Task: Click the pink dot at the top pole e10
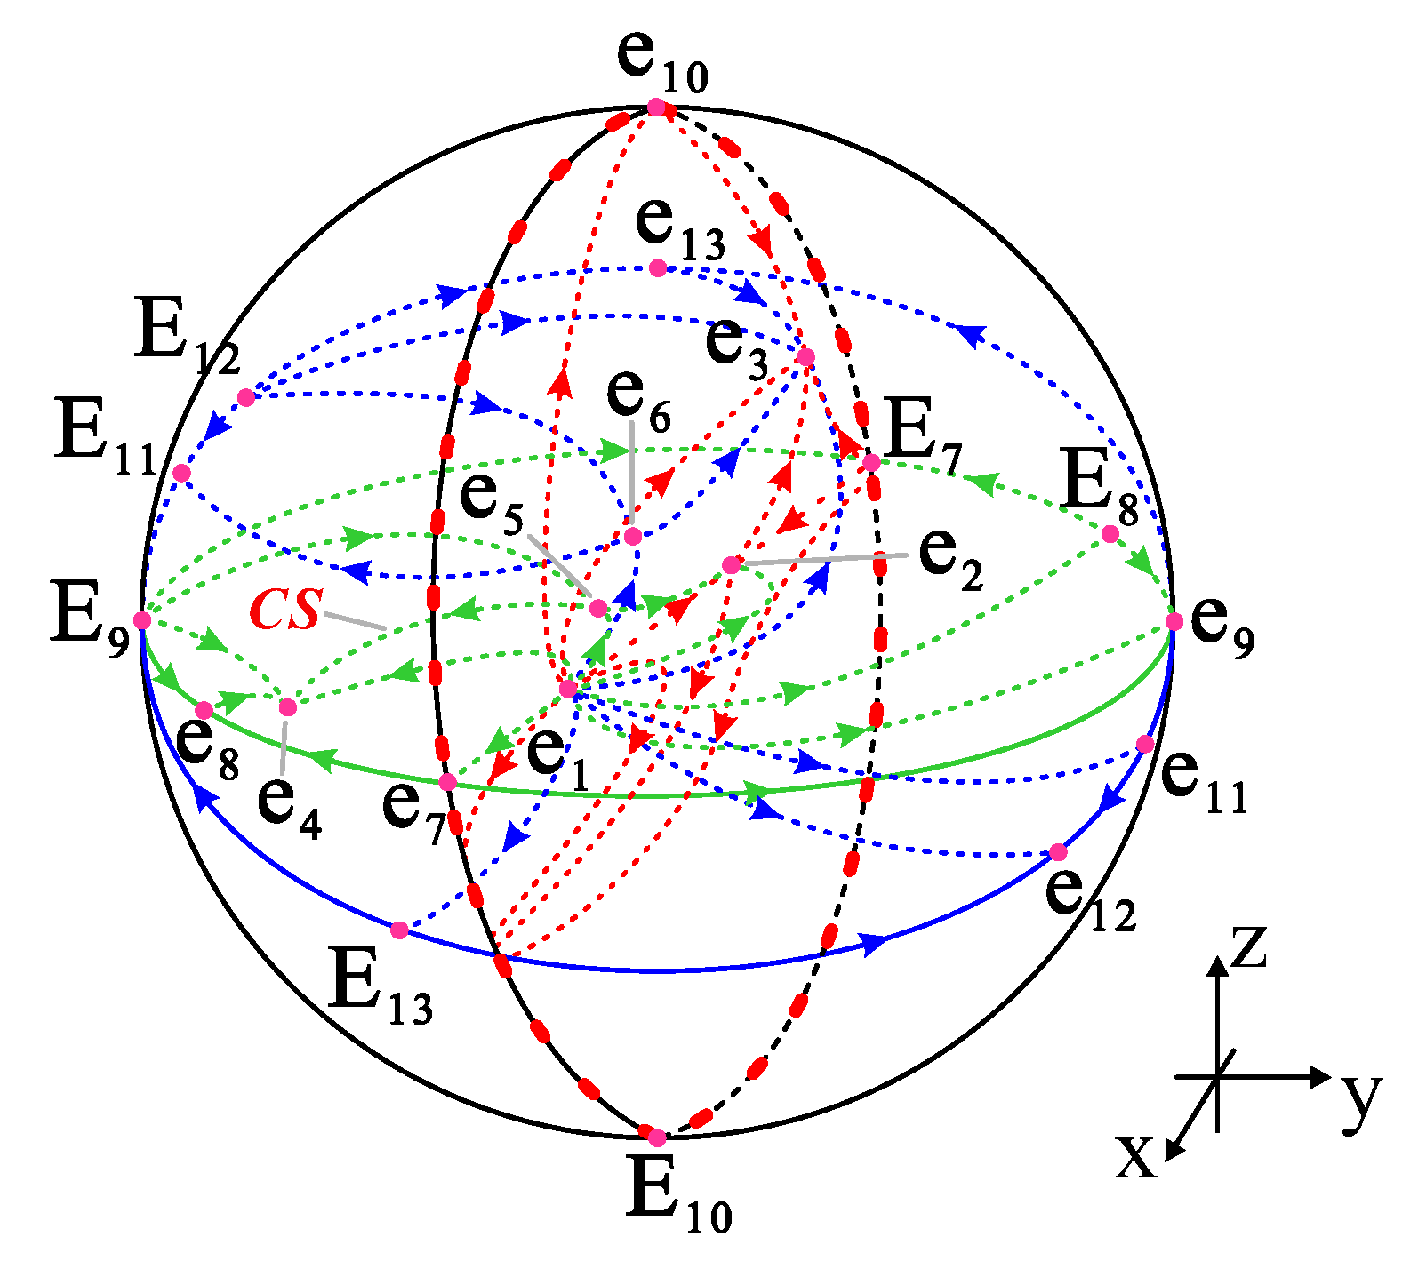[x=656, y=108]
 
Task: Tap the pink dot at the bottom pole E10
[x=657, y=1137]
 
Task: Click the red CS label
[x=285, y=611]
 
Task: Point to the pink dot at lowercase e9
[x=1174, y=621]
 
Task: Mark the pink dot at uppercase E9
[x=142, y=620]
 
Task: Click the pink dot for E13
[x=400, y=930]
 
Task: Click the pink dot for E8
[x=1110, y=534]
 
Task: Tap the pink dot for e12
[x=1058, y=853]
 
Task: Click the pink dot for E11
[x=181, y=473]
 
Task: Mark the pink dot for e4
[x=288, y=708]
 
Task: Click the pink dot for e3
[x=805, y=357]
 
